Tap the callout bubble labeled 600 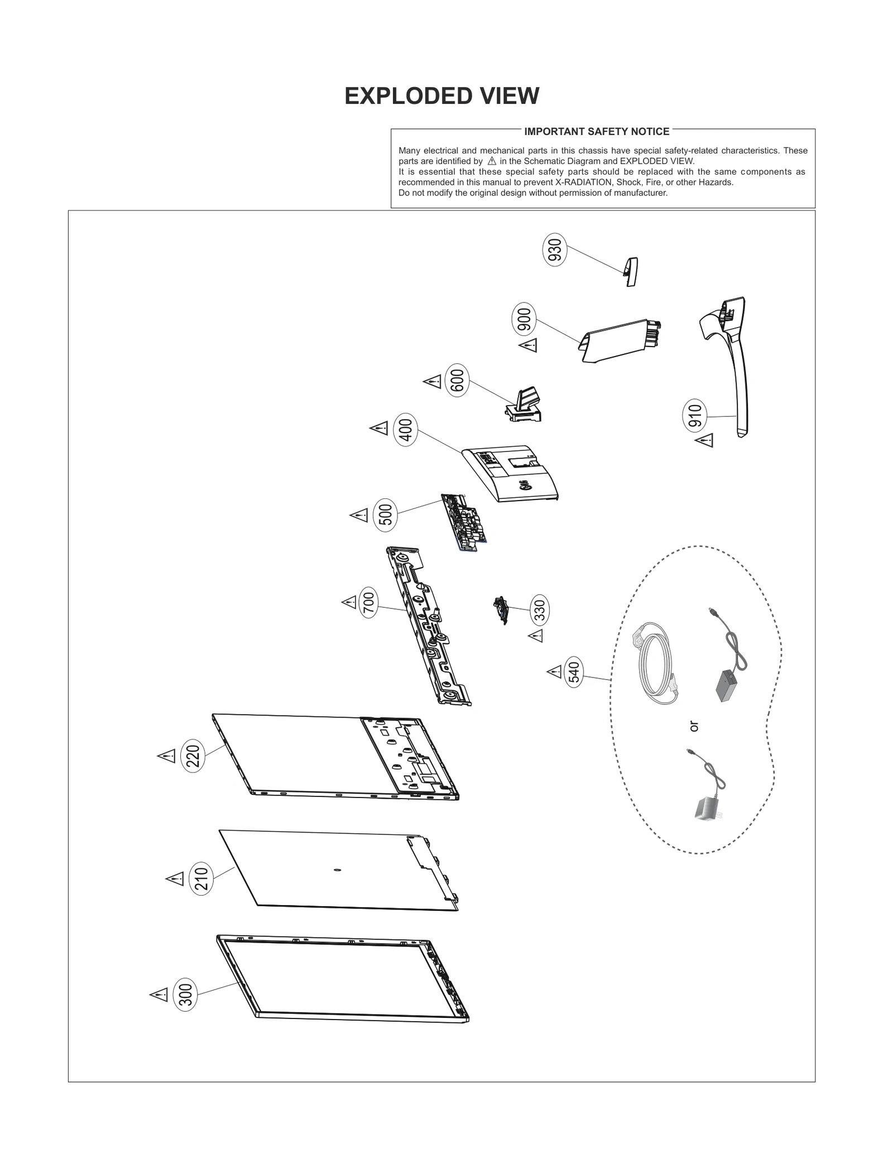[457, 381]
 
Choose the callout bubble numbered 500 [386, 514]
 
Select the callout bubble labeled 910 [695, 416]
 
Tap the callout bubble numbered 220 [193, 756]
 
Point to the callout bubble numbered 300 [186, 995]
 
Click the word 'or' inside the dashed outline [694, 726]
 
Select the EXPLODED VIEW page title [441, 96]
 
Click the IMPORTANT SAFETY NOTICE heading [597, 132]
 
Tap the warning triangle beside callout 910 [704, 440]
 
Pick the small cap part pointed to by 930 [631, 272]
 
